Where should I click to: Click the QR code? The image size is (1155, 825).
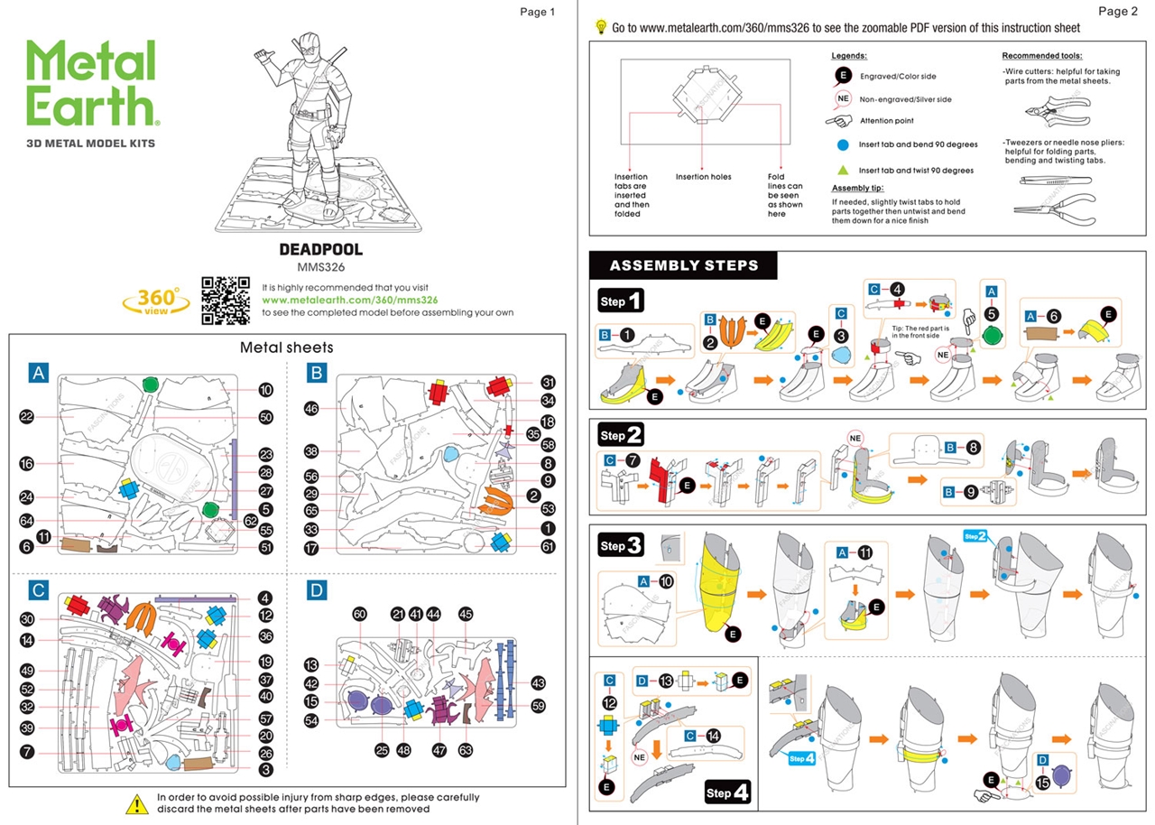(x=226, y=300)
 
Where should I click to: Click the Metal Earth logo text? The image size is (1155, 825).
(x=91, y=84)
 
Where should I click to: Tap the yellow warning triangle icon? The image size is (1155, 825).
(x=136, y=803)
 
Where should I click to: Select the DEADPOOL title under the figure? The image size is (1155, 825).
(x=321, y=249)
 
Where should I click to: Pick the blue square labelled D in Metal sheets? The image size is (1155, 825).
(x=316, y=590)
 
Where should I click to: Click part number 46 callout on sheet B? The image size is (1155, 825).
(x=312, y=408)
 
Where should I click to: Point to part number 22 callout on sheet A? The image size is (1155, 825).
(x=26, y=416)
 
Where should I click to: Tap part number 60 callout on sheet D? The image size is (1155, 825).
(x=359, y=615)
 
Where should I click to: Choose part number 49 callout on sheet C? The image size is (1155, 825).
(x=26, y=671)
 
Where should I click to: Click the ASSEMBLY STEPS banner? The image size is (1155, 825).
(x=682, y=265)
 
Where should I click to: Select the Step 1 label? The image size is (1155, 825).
(x=622, y=301)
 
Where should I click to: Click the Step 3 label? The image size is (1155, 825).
(x=622, y=546)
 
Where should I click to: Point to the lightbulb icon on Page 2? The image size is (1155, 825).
(x=601, y=27)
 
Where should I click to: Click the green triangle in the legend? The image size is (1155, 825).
(x=843, y=170)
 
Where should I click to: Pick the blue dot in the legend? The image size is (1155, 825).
(x=843, y=144)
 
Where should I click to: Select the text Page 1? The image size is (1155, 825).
(x=538, y=12)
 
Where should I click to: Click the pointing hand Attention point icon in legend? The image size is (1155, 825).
(x=839, y=120)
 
